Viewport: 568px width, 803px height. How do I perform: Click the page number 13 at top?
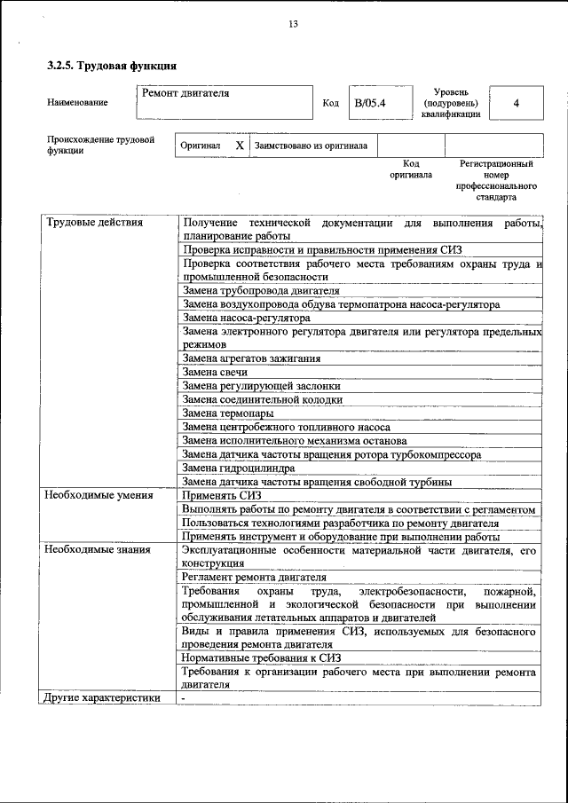(293, 24)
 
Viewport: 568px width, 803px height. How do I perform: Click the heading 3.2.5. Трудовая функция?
(112, 66)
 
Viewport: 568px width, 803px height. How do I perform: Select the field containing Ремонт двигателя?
(225, 101)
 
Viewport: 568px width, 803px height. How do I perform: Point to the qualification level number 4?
(516, 103)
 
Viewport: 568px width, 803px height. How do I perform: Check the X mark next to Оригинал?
(240, 145)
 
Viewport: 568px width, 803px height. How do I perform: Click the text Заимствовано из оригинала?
(311, 145)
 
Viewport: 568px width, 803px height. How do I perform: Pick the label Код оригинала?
(411, 169)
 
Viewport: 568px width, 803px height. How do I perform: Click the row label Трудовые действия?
(94, 222)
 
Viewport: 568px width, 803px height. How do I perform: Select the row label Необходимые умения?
(99, 495)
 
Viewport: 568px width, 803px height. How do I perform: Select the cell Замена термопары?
(228, 413)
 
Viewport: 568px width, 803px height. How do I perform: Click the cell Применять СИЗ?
(217, 495)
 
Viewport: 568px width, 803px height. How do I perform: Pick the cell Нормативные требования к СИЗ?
(261, 657)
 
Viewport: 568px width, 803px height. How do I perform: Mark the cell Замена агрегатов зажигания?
(251, 358)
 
